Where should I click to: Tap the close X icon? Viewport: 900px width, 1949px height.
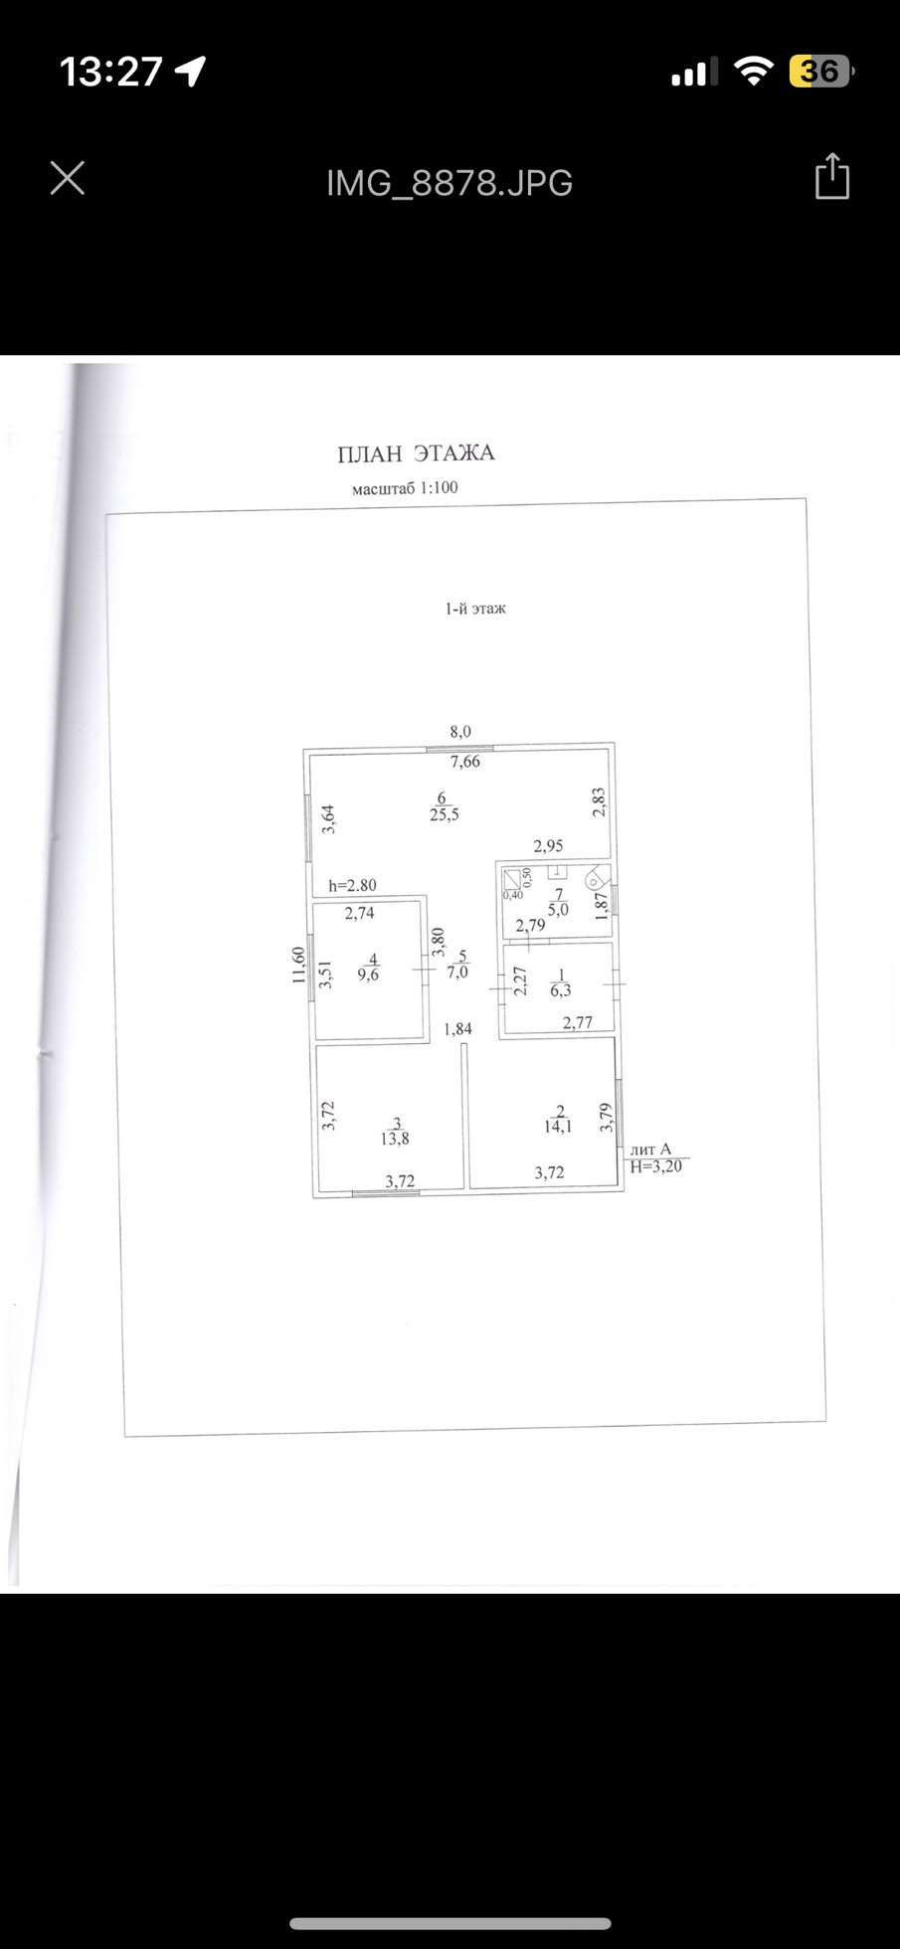[x=68, y=179]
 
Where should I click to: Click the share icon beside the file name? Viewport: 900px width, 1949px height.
[x=831, y=178]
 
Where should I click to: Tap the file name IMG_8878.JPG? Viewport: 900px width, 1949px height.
[x=450, y=183]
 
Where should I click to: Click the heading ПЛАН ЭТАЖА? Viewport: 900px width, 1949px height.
[x=416, y=453]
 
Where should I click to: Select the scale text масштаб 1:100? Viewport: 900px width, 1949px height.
[x=405, y=488]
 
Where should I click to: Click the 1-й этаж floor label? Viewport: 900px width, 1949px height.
[x=475, y=609]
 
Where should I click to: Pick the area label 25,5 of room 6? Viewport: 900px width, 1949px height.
[x=444, y=815]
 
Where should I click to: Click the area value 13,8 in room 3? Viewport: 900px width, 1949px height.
[x=395, y=1140]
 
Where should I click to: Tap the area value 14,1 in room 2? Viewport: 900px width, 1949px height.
[x=557, y=1127]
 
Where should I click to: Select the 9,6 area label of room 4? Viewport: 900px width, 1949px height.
[x=368, y=975]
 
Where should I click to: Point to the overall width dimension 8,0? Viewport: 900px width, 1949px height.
[x=460, y=732]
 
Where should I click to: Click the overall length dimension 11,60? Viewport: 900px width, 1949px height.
[x=297, y=964]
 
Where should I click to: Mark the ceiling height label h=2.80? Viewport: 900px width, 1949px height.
[x=353, y=885]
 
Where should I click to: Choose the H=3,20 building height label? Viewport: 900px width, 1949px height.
[x=656, y=1166]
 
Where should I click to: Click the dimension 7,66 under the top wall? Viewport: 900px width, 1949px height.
[x=464, y=762]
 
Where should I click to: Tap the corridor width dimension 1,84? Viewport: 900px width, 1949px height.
[x=457, y=1029]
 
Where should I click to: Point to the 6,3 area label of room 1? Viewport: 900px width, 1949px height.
[x=561, y=990]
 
